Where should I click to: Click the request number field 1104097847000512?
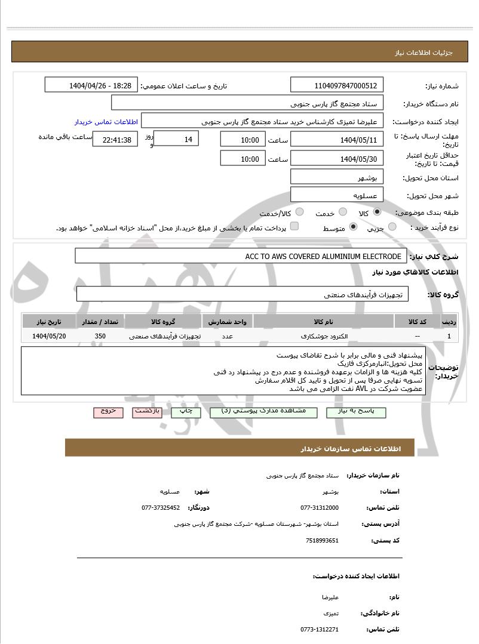click(x=337, y=85)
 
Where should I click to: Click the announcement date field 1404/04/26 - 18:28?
click(x=91, y=85)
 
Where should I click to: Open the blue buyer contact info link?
click(x=106, y=122)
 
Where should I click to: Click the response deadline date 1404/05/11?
click(x=337, y=140)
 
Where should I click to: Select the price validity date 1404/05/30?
click(x=337, y=159)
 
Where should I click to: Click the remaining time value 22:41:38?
click(x=116, y=140)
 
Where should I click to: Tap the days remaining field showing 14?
click(x=176, y=139)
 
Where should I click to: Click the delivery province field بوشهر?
click(x=337, y=177)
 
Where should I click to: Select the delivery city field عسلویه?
click(x=337, y=195)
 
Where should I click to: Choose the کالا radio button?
click(x=377, y=212)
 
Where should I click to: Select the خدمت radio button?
click(x=342, y=212)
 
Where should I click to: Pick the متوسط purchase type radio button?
click(x=353, y=227)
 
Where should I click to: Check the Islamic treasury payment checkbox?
click(x=294, y=227)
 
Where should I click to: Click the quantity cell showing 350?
click(x=100, y=336)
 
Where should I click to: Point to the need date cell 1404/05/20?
click(x=50, y=336)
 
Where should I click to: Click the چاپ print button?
click(x=186, y=412)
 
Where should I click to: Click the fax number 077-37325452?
click(x=161, y=507)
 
